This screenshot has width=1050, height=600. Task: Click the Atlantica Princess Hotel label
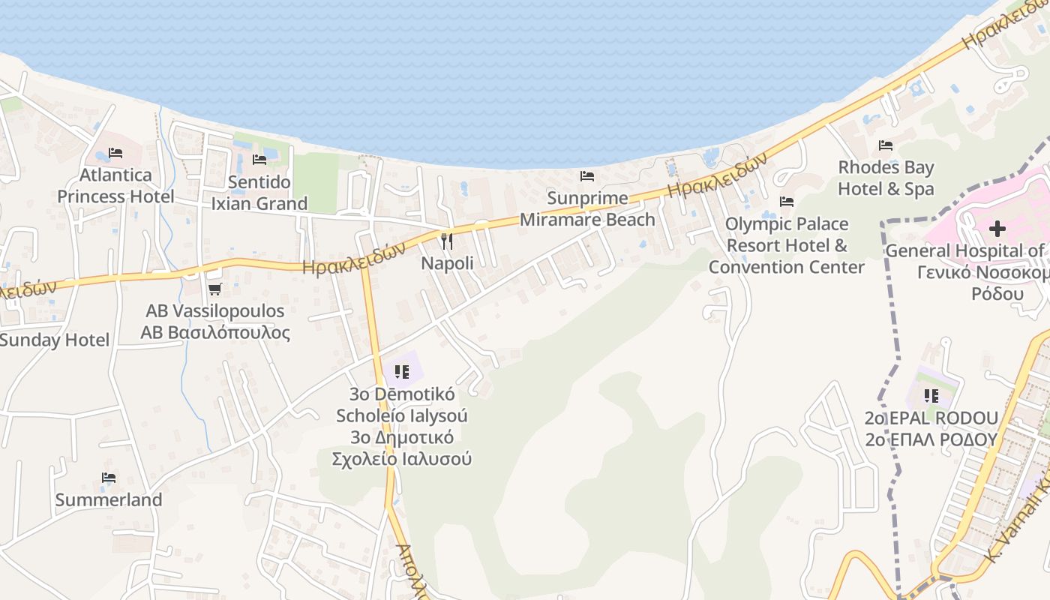pos(115,186)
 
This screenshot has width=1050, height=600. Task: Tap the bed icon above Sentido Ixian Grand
pos(259,160)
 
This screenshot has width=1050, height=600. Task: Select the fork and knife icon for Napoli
pos(447,241)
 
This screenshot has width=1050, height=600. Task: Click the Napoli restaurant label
pos(447,263)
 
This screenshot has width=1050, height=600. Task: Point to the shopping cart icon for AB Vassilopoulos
pos(214,289)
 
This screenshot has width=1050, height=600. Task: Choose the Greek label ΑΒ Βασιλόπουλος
pos(215,332)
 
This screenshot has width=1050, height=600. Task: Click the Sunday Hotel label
pos(54,340)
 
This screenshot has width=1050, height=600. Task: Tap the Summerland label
pos(109,499)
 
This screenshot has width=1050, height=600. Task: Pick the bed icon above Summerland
pos(109,478)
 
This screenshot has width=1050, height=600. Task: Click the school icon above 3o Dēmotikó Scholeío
pos(402,371)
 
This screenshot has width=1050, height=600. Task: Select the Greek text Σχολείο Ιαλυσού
pos(402,458)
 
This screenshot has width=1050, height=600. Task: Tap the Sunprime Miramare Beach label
pos(587,209)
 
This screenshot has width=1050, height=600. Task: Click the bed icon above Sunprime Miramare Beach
pos(587,176)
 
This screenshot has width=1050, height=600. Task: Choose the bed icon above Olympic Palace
pos(787,202)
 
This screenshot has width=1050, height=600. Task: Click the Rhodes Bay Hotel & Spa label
pos(886,178)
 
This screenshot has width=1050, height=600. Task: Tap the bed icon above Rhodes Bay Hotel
pos(886,145)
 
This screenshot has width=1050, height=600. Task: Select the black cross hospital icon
pos(997,229)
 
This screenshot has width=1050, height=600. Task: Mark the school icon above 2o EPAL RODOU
pos(931,395)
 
